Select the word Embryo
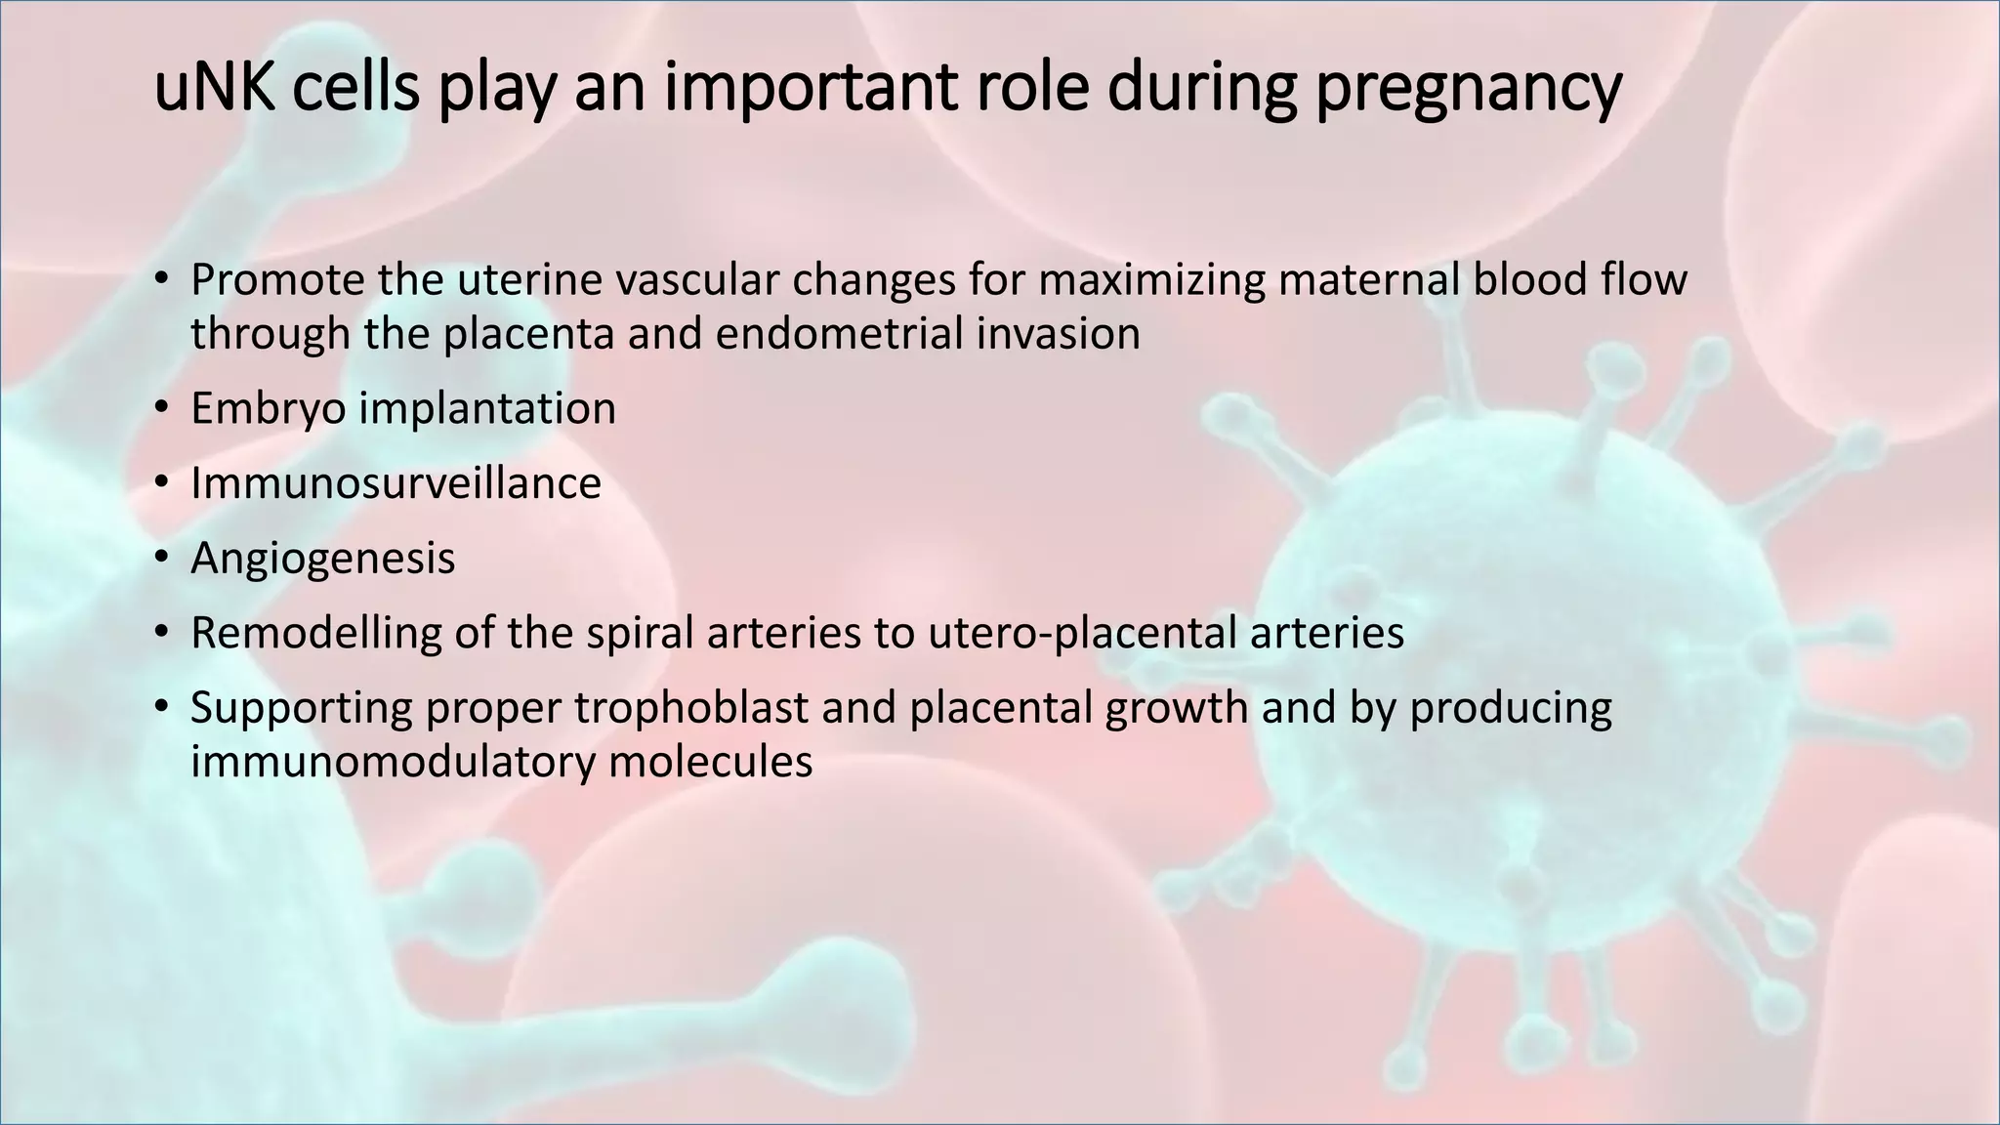tap(268, 408)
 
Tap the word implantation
tap(487, 408)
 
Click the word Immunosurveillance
tap(396, 483)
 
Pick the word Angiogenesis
tap(322, 559)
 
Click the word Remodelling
tap(314, 633)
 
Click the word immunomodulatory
tap(392, 762)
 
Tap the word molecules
tap(710, 762)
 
